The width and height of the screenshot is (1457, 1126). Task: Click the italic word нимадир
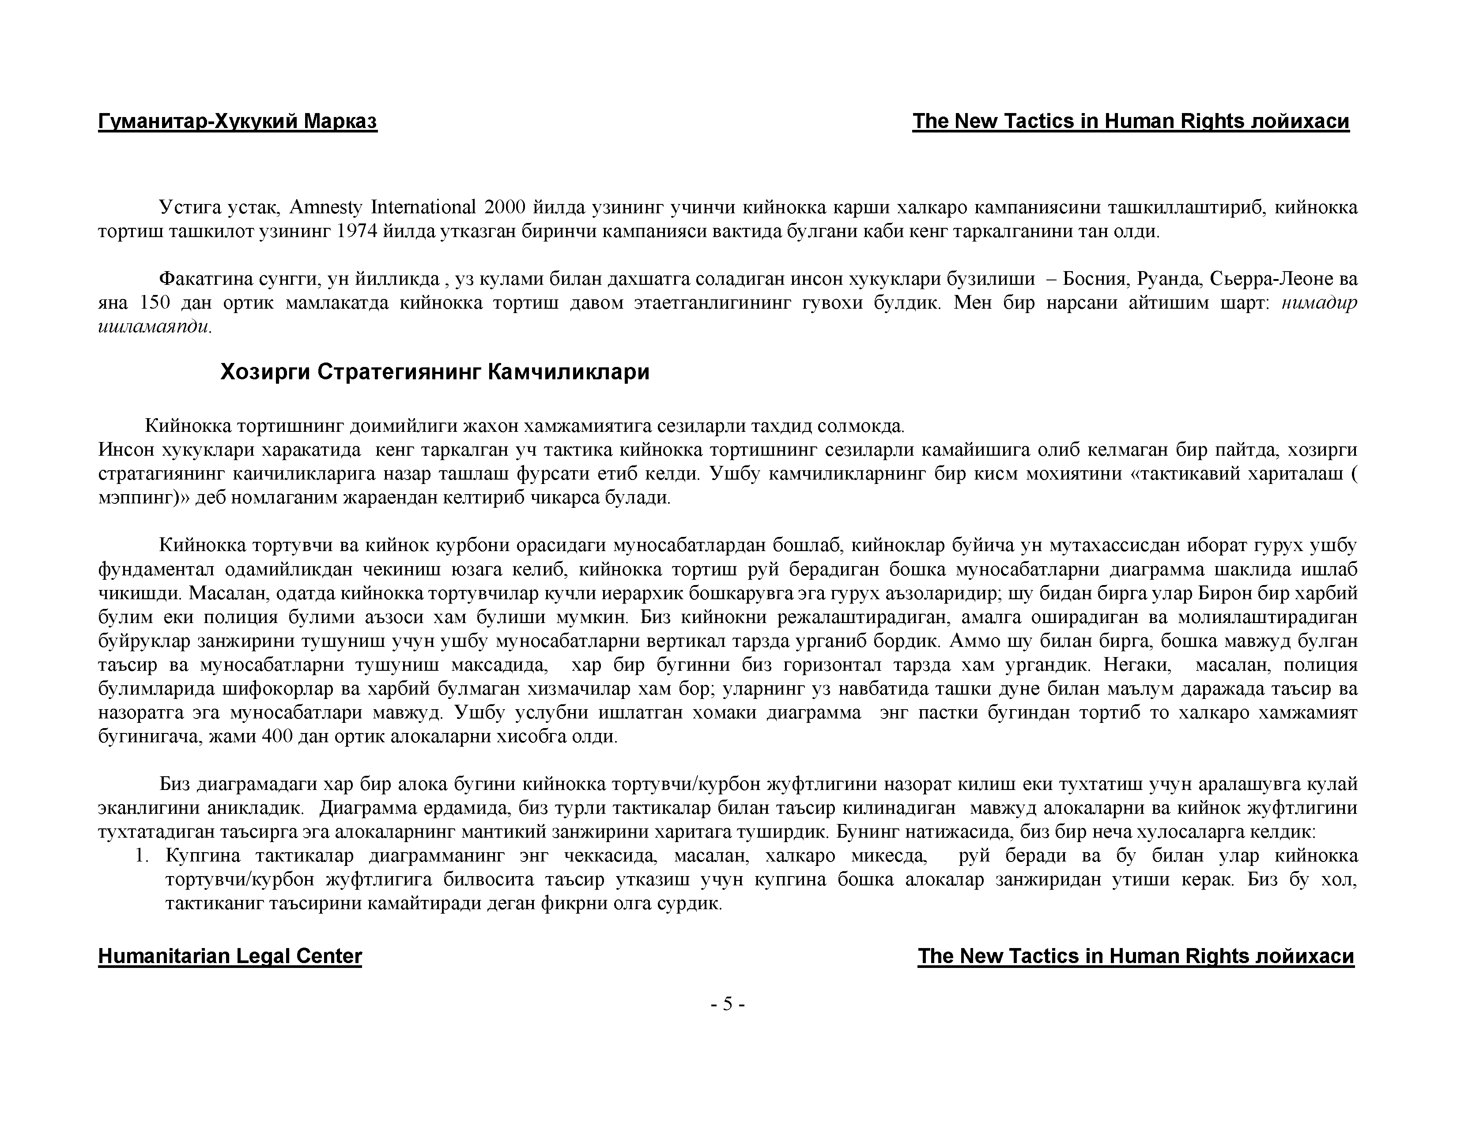(1319, 303)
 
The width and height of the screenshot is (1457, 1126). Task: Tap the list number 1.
(140, 856)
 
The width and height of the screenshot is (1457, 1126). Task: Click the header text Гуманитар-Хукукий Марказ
(238, 121)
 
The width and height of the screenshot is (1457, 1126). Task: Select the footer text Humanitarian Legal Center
(230, 956)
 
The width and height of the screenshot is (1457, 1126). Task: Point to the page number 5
(728, 1004)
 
